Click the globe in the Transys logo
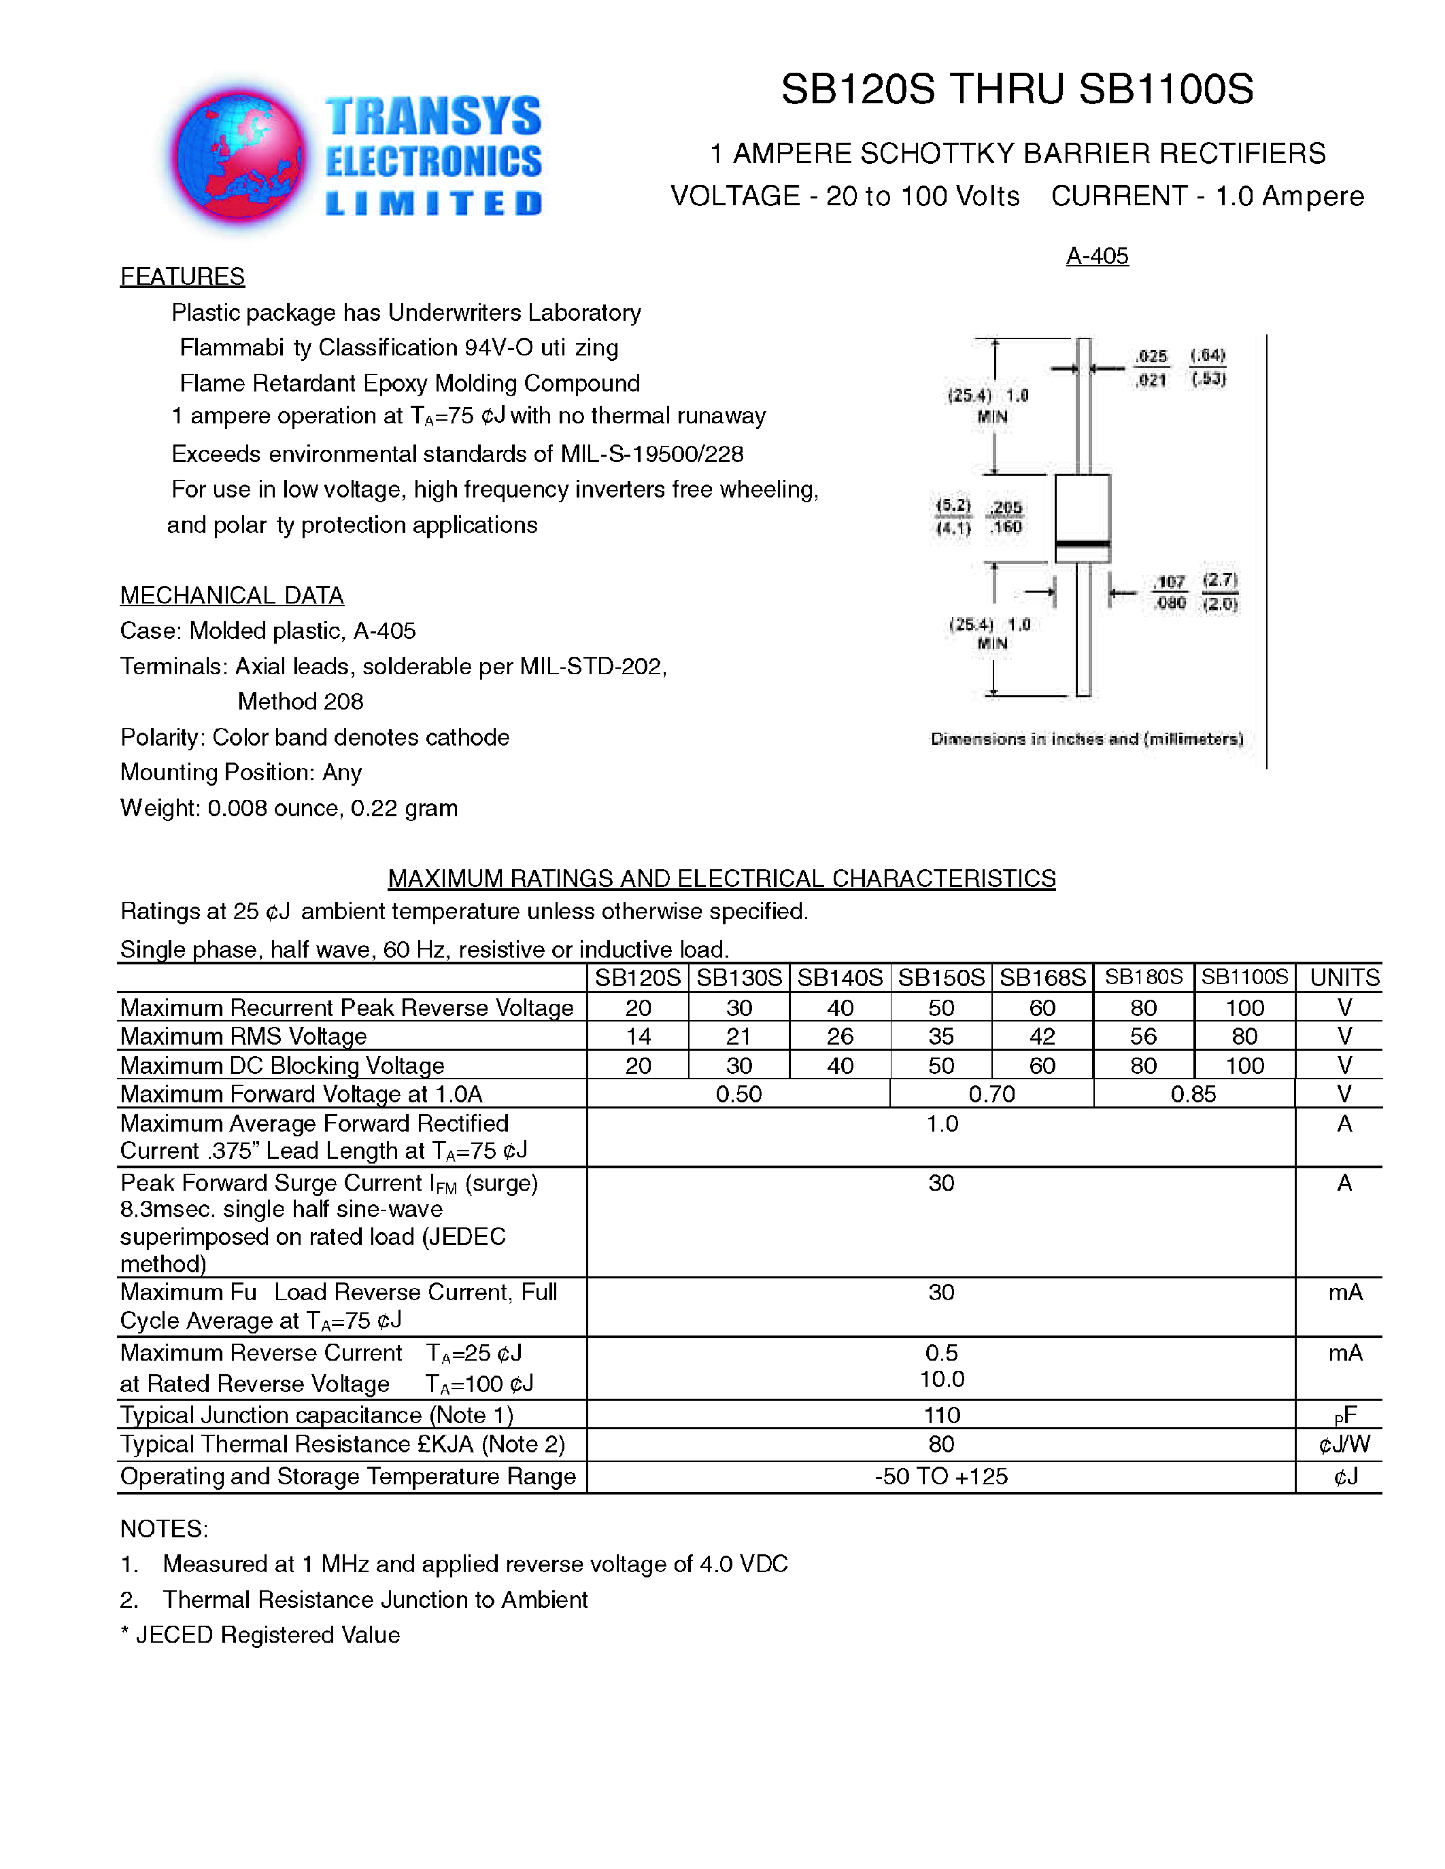point(239,158)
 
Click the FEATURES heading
point(182,277)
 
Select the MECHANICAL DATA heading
point(231,595)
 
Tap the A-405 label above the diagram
point(1097,255)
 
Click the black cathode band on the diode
point(1082,544)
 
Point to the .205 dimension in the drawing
point(1006,508)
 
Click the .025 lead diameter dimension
point(1151,356)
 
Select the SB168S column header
point(1042,977)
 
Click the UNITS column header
point(1344,977)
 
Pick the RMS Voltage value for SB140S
point(840,1036)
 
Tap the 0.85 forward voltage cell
point(1193,1094)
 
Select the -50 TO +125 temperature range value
point(941,1476)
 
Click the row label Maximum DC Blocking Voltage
point(282,1066)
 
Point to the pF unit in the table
point(1345,1416)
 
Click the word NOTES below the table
point(163,1529)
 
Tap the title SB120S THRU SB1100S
point(1017,89)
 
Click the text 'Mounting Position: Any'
point(241,772)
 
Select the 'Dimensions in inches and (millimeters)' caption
point(1087,739)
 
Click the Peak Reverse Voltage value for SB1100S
point(1244,1007)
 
